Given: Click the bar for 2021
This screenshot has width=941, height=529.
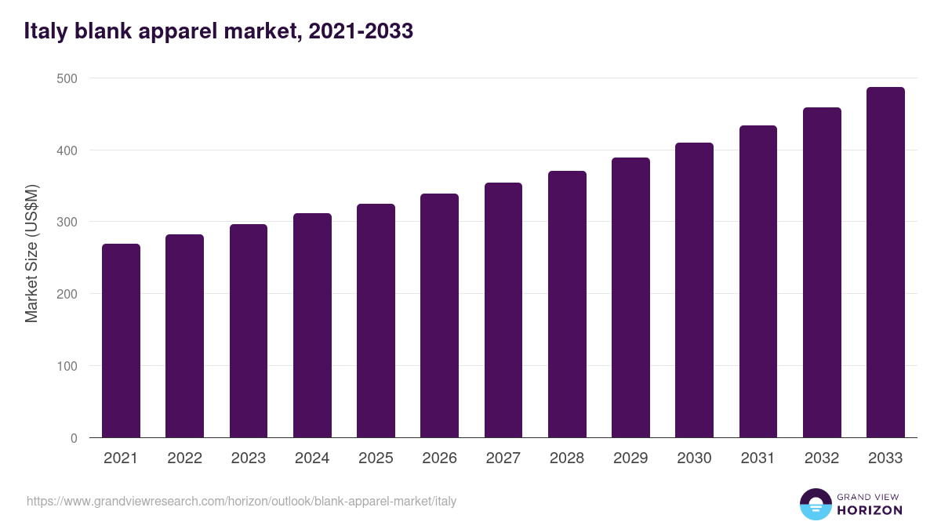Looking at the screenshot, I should click(x=121, y=341).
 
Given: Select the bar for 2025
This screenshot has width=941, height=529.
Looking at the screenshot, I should click(x=376, y=321).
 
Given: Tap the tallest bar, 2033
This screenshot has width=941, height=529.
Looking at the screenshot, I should click(x=885, y=263).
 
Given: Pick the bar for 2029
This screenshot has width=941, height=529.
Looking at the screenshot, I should click(x=630, y=298).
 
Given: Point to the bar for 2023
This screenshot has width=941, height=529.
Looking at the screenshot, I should click(x=249, y=331).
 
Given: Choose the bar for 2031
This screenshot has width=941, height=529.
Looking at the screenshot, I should click(x=758, y=281).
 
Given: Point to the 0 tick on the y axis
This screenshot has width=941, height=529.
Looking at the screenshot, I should click(x=74, y=438).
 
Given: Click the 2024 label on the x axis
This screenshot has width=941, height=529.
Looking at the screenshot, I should click(x=312, y=458).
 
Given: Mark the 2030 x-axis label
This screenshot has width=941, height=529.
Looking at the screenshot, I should click(x=694, y=458).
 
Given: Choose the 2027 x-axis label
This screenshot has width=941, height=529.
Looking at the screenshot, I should click(x=503, y=458).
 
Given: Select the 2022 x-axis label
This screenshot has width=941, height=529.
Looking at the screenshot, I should click(x=184, y=458).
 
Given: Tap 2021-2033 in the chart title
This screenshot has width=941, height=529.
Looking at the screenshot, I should click(x=361, y=31).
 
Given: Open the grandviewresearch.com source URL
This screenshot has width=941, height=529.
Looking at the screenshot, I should click(x=242, y=501).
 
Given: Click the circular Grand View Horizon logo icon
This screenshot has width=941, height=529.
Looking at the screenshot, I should click(x=815, y=505).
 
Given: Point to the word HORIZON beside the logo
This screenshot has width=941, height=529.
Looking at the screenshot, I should click(x=870, y=510).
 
